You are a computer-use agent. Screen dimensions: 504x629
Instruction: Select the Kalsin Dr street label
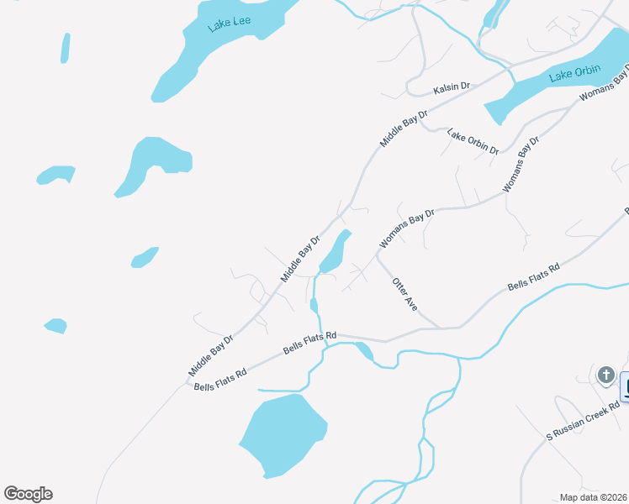point(452,87)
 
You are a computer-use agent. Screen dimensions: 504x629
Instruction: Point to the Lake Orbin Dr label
point(473,141)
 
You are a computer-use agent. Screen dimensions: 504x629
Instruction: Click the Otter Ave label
point(405,291)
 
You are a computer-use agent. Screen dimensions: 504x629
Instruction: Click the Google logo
point(28,494)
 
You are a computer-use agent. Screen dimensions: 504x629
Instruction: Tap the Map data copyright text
point(594,497)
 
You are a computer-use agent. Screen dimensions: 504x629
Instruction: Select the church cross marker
point(605,375)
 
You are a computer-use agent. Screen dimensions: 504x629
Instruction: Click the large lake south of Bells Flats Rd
point(282,434)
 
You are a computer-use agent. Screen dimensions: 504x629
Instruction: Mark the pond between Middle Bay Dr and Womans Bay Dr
point(335,253)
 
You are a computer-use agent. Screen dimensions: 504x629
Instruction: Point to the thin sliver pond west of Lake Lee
point(65,48)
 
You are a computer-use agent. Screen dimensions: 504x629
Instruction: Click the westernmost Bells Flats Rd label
point(220,380)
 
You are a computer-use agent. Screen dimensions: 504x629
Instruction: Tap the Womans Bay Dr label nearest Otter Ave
point(407,228)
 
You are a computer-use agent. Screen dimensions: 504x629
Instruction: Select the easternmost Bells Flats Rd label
point(534,277)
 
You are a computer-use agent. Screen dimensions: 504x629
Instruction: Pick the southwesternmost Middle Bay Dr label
point(210,354)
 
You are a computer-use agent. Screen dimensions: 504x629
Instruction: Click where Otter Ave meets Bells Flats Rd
point(440,328)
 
